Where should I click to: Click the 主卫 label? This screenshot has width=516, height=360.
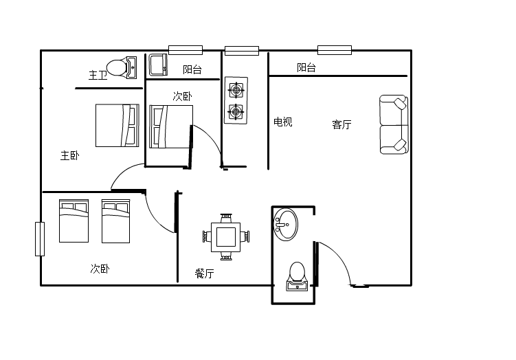tap(98, 76)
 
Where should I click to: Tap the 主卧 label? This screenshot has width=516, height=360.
tap(70, 156)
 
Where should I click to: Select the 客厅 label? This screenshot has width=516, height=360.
tap(341, 125)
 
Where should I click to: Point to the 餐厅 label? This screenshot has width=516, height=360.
tap(204, 273)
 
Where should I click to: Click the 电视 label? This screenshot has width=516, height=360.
tap(283, 122)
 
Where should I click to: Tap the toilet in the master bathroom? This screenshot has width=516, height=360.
tap(122, 68)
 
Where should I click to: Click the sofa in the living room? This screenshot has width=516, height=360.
tap(394, 124)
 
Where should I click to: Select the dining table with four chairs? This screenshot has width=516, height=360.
tap(226, 237)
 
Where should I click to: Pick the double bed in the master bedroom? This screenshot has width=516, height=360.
tap(117, 125)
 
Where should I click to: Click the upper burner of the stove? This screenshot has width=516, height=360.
tap(236, 90)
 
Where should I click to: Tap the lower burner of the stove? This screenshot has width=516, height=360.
tap(236, 112)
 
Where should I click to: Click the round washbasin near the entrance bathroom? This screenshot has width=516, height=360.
tap(285, 225)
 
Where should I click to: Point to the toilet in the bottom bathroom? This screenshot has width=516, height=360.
tap(297, 276)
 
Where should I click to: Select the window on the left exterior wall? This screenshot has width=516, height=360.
tap(40, 239)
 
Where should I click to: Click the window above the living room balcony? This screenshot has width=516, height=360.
tap(335, 50)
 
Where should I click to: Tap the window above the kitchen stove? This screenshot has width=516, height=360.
tap(242, 51)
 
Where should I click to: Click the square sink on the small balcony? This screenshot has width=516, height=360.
tap(158, 65)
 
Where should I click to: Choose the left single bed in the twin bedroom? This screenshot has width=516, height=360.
tap(74, 221)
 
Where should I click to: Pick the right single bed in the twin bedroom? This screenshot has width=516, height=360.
tap(116, 221)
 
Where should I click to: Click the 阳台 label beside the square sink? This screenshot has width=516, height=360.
tap(192, 69)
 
